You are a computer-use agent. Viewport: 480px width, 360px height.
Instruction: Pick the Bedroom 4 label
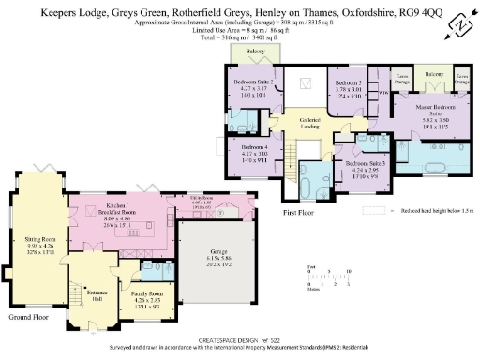point(255,153)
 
